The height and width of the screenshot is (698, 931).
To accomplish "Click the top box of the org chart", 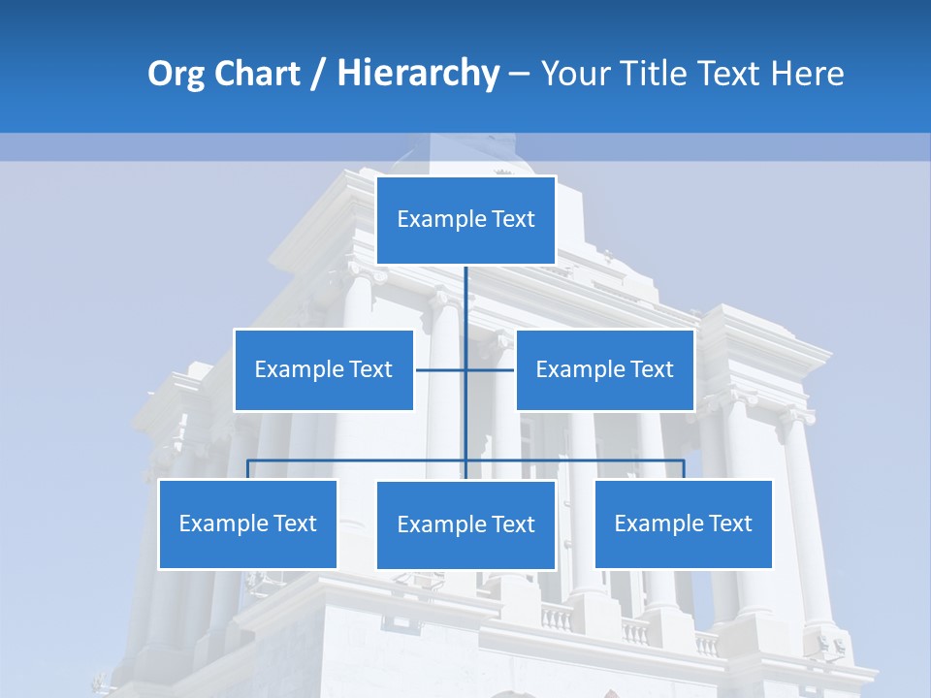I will point(465,220).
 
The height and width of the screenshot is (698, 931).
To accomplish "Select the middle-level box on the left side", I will point(324,369).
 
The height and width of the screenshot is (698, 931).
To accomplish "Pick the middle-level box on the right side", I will point(604,369).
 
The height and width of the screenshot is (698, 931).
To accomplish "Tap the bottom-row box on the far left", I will point(247,523).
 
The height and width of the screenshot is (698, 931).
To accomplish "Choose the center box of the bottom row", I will point(465,524).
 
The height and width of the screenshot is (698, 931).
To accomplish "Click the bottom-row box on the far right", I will point(683,523).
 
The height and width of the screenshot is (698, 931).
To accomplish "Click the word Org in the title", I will point(174,74).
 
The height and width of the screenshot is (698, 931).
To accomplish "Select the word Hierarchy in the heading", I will point(418,74).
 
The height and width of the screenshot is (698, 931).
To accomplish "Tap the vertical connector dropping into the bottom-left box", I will point(247,469).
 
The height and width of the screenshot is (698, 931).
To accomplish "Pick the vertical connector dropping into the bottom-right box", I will point(684,469).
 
